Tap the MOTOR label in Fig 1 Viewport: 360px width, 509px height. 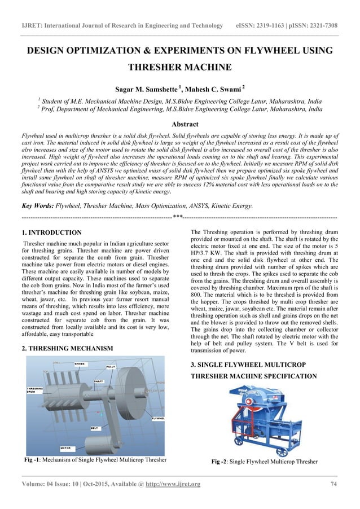pos(65,447)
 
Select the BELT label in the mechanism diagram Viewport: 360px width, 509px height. pos(95,428)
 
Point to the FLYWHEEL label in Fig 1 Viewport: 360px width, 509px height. pos(157,418)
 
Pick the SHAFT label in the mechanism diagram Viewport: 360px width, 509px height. pos(98,381)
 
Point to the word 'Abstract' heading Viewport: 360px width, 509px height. pos(179,124)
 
